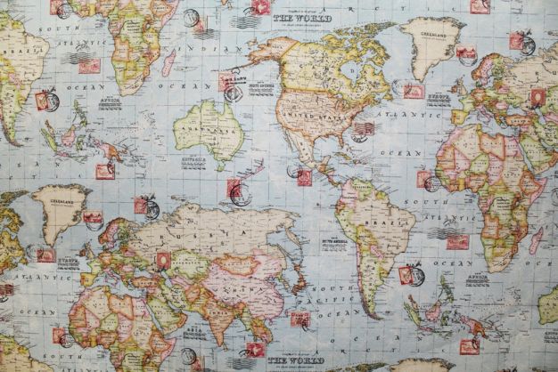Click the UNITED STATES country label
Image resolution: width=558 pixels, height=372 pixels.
[x=314, y=114]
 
